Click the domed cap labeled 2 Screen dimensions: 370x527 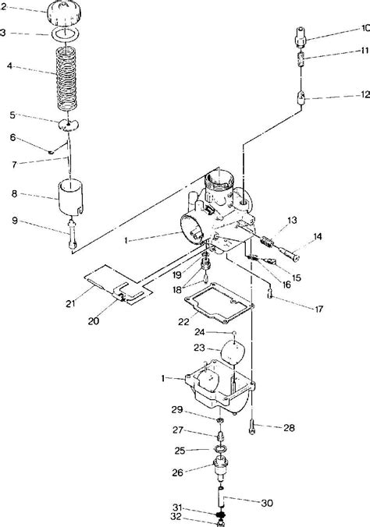click(x=64, y=12)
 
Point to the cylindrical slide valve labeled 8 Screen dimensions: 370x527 click(x=71, y=197)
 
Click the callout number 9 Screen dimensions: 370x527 click(x=15, y=221)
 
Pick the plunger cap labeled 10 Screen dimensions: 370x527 click(x=301, y=37)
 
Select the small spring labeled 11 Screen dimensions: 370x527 click(x=301, y=59)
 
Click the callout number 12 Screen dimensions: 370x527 click(x=365, y=95)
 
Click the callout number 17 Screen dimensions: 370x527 click(x=318, y=309)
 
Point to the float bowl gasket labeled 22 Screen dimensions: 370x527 click(x=219, y=303)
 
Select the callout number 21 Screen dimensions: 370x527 click(x=70, y=303)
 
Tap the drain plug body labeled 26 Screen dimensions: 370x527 click(x=221, y=469)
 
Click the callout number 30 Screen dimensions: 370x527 click(x=267, y=503)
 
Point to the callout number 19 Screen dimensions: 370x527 click(x=177, y=275)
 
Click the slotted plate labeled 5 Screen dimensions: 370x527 click(x=69, y=125)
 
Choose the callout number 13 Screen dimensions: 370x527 click(x=292, y=220)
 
